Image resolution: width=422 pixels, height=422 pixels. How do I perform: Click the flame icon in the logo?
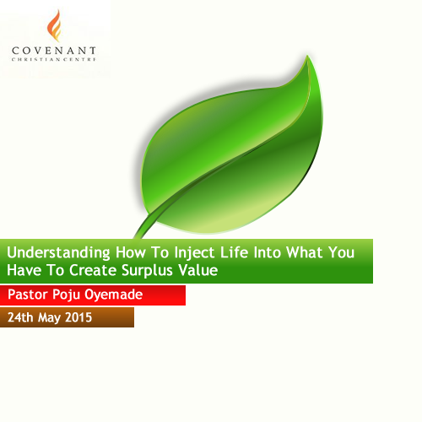pos(54,26)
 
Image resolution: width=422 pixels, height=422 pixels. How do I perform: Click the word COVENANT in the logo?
pos(54,51)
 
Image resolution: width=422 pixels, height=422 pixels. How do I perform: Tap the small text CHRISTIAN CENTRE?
pos(54,59)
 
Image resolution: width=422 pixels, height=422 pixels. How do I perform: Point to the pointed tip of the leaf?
pos(307,56)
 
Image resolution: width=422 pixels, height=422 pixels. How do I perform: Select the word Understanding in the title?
pos(58,253)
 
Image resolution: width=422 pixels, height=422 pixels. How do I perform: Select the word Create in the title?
pos(93,270)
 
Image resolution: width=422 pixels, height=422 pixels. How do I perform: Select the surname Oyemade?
pos(114,295)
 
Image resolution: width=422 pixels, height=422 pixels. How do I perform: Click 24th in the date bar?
pos(20,317)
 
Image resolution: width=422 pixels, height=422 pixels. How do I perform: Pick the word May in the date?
pos(49,318)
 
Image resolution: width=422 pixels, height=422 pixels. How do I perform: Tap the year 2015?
pos(78,317)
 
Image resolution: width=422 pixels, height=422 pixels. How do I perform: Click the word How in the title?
pos(131,252)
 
